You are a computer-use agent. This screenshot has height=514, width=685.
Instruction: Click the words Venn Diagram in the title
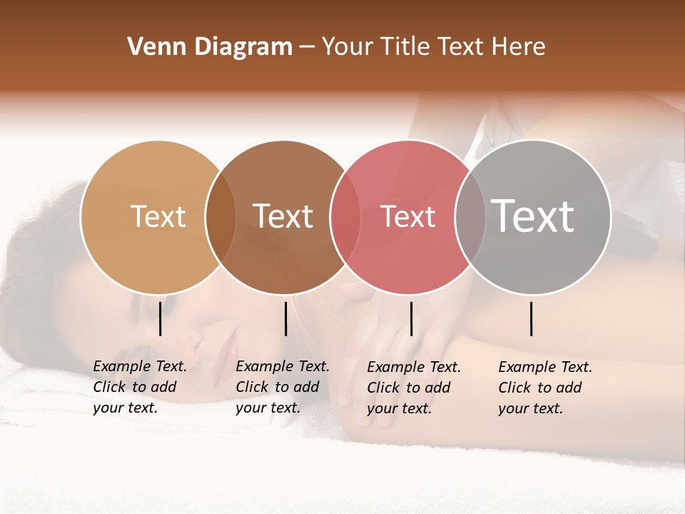[209, 47]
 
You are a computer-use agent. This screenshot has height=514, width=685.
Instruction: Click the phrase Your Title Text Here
[433, 47]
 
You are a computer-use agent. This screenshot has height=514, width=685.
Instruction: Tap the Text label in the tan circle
[158, 216]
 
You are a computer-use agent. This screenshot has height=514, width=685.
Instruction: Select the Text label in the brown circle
[283, 216]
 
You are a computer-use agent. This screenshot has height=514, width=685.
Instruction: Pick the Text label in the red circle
[407, 216]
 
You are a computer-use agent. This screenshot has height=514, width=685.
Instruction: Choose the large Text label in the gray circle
[532, 216]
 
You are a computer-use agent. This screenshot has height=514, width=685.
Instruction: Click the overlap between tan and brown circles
[220, 218]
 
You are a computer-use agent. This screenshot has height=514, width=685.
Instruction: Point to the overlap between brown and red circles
[345, 218]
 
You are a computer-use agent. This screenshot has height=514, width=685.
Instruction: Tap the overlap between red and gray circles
[470, 218]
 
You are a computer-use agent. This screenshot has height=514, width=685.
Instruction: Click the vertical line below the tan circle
[160, 318]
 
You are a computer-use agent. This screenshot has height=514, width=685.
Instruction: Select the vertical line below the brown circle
[285, 318]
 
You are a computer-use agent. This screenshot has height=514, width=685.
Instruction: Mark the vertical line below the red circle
[411, 318]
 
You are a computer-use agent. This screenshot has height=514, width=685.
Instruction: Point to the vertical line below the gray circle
[531, 318]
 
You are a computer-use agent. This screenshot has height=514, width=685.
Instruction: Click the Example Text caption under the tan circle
[139, 387]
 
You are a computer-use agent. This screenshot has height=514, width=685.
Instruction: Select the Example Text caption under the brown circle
[282, 387]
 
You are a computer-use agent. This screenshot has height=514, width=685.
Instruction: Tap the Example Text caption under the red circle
[413, 388]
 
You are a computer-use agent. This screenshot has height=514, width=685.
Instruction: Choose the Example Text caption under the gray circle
[544, 388]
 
